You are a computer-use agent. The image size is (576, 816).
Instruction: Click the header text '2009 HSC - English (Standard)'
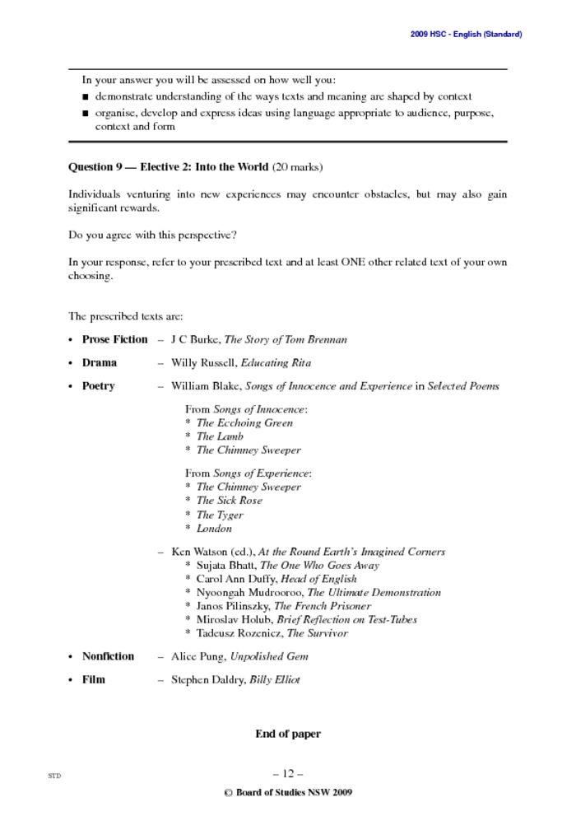point(466,34)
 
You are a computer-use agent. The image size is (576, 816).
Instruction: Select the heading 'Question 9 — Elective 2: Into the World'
point(168,167)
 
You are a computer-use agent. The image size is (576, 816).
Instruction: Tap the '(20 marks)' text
point(297,167)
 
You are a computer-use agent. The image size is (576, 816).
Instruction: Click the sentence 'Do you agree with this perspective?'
point(152,235)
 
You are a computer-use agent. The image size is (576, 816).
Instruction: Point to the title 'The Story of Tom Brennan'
point(286,339)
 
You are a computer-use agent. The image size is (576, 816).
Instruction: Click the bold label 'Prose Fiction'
point(114,339)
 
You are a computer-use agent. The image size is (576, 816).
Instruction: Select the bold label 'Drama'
point(100,362)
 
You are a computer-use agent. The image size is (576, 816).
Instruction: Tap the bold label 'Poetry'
point(99,385)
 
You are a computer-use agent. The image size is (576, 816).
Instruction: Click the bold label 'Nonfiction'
point(108,656)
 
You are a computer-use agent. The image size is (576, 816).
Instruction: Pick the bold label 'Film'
point(94,679)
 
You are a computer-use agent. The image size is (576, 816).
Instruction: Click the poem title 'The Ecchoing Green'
point(244,423)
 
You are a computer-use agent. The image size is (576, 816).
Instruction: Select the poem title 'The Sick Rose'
point(229,501)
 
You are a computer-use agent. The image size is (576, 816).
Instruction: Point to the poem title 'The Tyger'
point(220,515)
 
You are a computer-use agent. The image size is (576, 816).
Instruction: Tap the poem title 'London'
point(214,529)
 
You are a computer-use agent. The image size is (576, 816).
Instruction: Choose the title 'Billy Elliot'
point(275,679)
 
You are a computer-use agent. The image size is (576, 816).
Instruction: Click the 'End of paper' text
point(288,734)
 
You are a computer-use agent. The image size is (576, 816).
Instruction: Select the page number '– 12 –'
point(288,773)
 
